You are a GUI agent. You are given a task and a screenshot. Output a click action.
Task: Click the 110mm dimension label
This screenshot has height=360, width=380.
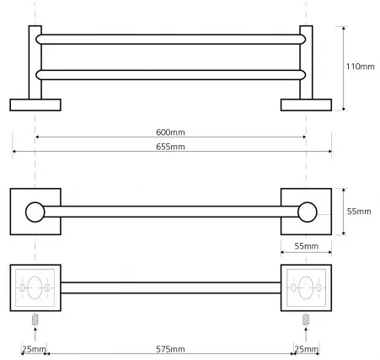[360, 67]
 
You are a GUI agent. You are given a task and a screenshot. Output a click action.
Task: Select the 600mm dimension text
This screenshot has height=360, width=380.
[170, 132]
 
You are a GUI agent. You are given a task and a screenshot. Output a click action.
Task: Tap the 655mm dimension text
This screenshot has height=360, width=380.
[170, 147]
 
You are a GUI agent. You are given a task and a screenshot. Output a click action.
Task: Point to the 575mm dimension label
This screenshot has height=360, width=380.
[170, 349]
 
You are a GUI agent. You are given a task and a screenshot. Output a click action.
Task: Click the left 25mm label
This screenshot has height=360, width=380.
[34, 349]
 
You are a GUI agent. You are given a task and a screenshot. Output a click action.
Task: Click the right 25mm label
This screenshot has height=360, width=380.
[307, 349]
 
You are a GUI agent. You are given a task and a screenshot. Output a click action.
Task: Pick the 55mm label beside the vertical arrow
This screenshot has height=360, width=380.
[359, 212]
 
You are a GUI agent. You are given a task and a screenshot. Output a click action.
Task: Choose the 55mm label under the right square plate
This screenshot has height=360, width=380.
[307, 246]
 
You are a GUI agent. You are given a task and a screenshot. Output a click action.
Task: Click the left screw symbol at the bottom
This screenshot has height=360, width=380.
[35, 320]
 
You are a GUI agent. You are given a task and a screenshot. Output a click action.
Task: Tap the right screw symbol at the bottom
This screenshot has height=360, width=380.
[306, 320]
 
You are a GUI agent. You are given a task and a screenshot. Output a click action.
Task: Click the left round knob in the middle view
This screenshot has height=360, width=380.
[35, 212]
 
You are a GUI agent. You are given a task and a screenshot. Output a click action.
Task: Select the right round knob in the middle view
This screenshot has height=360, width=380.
[308, 212]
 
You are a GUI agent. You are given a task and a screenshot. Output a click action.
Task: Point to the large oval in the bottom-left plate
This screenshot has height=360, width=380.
[35, 287]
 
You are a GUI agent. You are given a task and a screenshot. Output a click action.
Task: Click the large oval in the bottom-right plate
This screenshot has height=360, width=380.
[306, 287]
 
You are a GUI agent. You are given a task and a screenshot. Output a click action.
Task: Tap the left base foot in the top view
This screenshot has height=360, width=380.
[35, 105]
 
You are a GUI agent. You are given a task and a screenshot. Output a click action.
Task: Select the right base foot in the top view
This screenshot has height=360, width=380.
[306, 105]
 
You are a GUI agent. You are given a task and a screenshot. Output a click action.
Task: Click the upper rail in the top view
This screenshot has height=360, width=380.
[171, 40]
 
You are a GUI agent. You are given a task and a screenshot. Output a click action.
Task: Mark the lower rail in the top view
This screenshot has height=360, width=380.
[171, 75]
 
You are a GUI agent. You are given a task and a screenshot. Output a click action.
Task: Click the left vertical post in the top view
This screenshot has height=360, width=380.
[35, 62]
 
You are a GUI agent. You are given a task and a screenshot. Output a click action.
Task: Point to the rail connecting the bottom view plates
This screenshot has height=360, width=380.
[171, 287]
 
